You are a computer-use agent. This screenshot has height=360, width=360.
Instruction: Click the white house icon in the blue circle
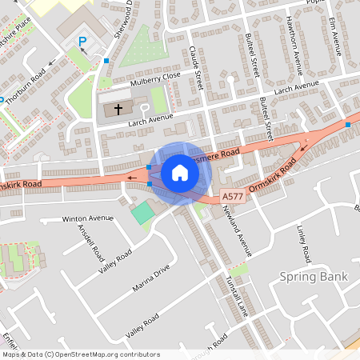[179, 172]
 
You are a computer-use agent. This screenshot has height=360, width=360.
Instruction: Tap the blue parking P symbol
[81, 41]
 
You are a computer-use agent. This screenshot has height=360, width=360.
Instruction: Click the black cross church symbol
[118, 108]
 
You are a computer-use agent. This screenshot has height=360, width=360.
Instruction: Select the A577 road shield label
[232, 196]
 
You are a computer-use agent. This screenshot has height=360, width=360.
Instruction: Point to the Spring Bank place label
[314, 277]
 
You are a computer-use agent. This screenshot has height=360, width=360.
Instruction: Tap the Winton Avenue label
[89, 218]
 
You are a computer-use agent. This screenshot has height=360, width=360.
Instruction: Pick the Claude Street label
[197, 68]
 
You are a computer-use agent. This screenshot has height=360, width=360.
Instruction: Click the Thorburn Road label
[28, 82]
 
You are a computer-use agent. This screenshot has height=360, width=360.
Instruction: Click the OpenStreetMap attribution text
[80, 354]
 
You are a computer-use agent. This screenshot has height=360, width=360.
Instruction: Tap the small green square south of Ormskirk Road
[142, 213]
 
